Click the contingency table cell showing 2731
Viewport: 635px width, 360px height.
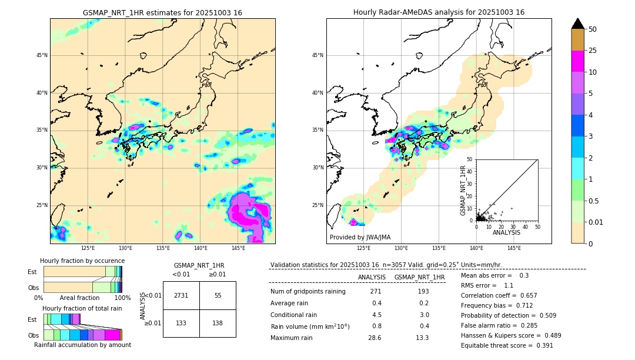pyautogui.click(x=181, y=295)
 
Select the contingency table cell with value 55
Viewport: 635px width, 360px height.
pyautogui.click(x=218, y=295)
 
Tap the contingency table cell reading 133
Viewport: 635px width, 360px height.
pyautogui.click(x=181, y=324)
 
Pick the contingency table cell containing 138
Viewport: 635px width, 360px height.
pyautogui.click(x=218, y=324)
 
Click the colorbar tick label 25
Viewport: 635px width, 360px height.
pyautogui.click(x=593, y=51)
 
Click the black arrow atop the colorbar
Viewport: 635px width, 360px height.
pyautogui.click(x=578, y=24)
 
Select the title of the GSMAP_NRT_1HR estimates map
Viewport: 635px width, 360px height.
pyautogui.click(x=162, y=12)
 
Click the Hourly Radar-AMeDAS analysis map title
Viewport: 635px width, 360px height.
pyautogui.click(x=439, y=12)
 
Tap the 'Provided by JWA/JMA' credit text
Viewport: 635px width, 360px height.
pyautogui.click(x=360, y=237)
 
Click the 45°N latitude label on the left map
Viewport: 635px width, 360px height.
pyautogui.click(x=42, y=55)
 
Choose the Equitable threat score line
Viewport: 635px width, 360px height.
pyautogui.click(x=507, y=345)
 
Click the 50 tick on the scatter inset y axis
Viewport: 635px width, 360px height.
pyautogui.click(x=469, y=159)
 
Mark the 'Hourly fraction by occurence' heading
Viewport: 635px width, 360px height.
pyautogui.click(x=82, y=261)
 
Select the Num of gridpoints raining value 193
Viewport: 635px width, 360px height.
pyautogui.click(x=423, y=292)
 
